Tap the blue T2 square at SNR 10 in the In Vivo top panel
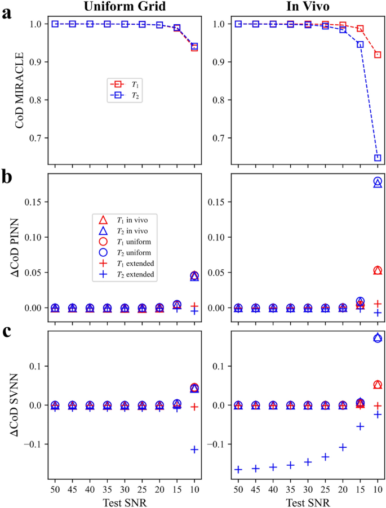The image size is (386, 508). (x=378, y=158)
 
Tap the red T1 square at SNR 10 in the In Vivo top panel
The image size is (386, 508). (x=378, y=55)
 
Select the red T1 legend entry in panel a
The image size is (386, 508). (x=127, y=84)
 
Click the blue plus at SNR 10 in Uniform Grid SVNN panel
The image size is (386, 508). (x=194, y=449)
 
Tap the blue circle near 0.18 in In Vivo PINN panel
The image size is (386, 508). (x=378, y=181)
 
